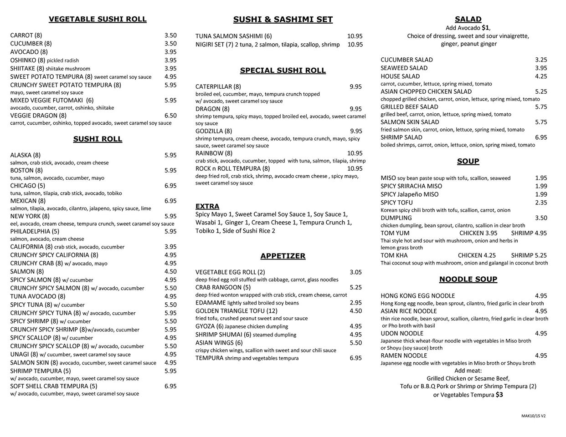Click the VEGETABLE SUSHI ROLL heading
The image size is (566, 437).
click(x=98, y=19)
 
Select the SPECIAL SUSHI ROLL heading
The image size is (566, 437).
click(x=283, y=71)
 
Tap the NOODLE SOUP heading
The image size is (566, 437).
click(x=468, y=279)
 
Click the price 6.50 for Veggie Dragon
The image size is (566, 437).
click(x=170, y=116)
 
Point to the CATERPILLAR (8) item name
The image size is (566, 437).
click(x=218, y=86)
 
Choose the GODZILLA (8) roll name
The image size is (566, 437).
click(x=214, y=131)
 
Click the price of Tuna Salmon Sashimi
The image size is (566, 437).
click(x=355, y=36)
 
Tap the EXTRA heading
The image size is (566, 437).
click(x=207, y=206)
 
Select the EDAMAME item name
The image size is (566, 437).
click(x=211, y=303)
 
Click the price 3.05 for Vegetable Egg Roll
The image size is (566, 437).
click(x=355, y=272)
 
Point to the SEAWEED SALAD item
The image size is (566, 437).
click(x=404, y=68)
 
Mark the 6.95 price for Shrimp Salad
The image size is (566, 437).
click(x=541, y=137)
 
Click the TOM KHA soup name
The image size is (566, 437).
click(x=394, y=255)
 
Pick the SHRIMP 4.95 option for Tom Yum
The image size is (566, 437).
click(x=529, y=233)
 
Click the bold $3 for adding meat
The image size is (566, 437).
click(x=499, y=395)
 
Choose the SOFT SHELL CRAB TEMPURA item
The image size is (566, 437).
click(x=54, y=386)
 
